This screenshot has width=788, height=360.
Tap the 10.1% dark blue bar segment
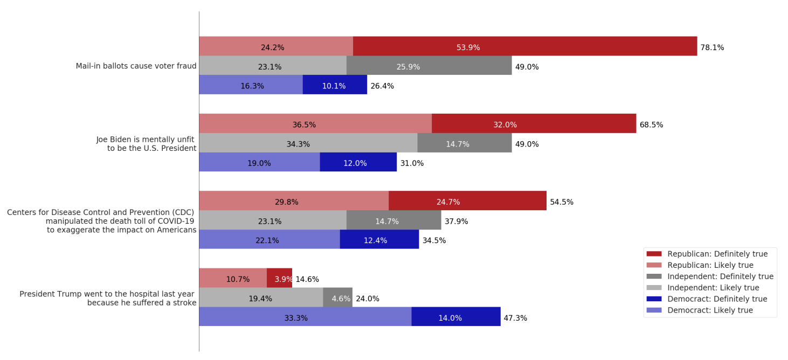[x=335, y=85]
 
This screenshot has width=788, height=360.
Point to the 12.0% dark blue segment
[x=358, y=162]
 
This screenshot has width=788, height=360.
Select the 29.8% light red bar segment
[x=293, y=201]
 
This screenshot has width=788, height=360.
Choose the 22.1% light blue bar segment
[x=269, y=240]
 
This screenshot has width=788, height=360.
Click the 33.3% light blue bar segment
[x=305, y=317]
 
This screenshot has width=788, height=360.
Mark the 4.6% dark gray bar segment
[x=337, y=297]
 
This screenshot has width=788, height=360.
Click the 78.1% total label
[x=712, y=47]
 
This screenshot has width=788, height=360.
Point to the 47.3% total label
[x=515, y=318]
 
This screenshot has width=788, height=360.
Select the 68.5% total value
[x=651, y=124]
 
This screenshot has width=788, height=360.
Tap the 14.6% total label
[x=307, y=279]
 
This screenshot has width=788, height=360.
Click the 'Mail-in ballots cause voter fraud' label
[x=136, y=66]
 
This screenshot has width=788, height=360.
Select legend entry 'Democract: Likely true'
[x=709, y=310]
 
